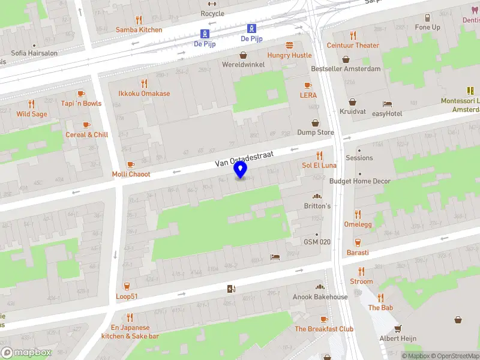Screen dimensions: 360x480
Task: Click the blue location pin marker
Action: (241, 170)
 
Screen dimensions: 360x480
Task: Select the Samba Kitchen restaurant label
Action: (139, 29)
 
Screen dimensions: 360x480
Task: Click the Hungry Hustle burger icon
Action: (290, 45)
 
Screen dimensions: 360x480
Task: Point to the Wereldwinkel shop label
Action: (243, 64)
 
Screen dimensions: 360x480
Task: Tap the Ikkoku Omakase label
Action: (144, 94)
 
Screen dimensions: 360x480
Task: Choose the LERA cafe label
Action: (308, 95)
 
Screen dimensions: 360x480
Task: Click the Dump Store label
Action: (316, 133)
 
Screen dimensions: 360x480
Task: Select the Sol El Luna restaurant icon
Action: (319, 155)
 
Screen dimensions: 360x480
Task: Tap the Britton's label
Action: (317, 206)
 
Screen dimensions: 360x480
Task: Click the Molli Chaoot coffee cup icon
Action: (131, 164)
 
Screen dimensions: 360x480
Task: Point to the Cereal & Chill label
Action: (86, 134)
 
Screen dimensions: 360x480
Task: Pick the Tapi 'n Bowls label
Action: (81, 103)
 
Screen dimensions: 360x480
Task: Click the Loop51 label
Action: (127, 296)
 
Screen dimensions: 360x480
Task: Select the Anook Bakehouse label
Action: (320, 297)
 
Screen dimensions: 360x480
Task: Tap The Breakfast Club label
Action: (324, 329)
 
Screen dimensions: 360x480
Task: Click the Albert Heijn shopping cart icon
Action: (397, 328)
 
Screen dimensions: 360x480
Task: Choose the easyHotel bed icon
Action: (387, 104)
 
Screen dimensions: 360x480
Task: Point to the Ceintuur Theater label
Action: (353, 45)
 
